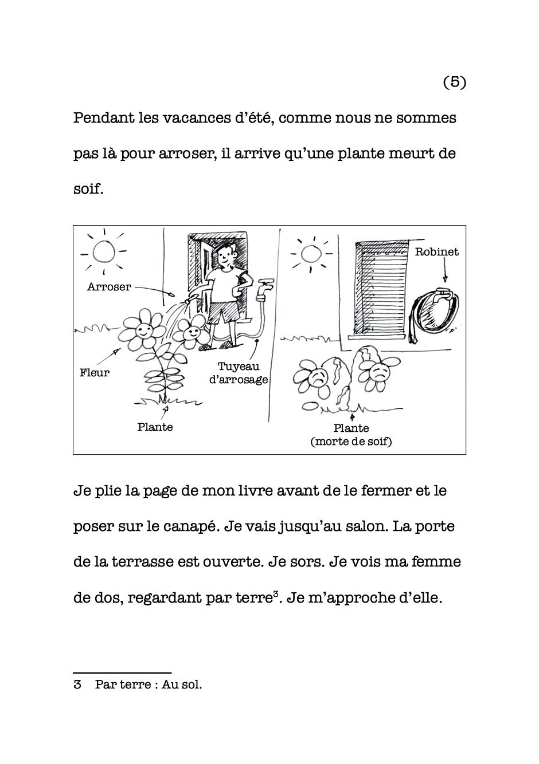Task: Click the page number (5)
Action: tap(455, 82)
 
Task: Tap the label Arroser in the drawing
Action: tap(109, 287)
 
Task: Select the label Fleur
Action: tap(94, 373)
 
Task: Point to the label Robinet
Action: tap(436, 252)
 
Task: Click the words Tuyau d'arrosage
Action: tap(238, 373)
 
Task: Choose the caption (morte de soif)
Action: tap(351, 442)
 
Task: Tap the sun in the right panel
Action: tap(310, 253)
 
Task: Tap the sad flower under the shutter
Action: tap(378, 372)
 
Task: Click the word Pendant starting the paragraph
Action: tap(103, 119)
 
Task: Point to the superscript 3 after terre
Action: tap(276, 594)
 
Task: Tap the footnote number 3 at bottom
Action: tap(77, 684)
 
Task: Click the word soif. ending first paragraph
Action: tap(88, 190)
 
